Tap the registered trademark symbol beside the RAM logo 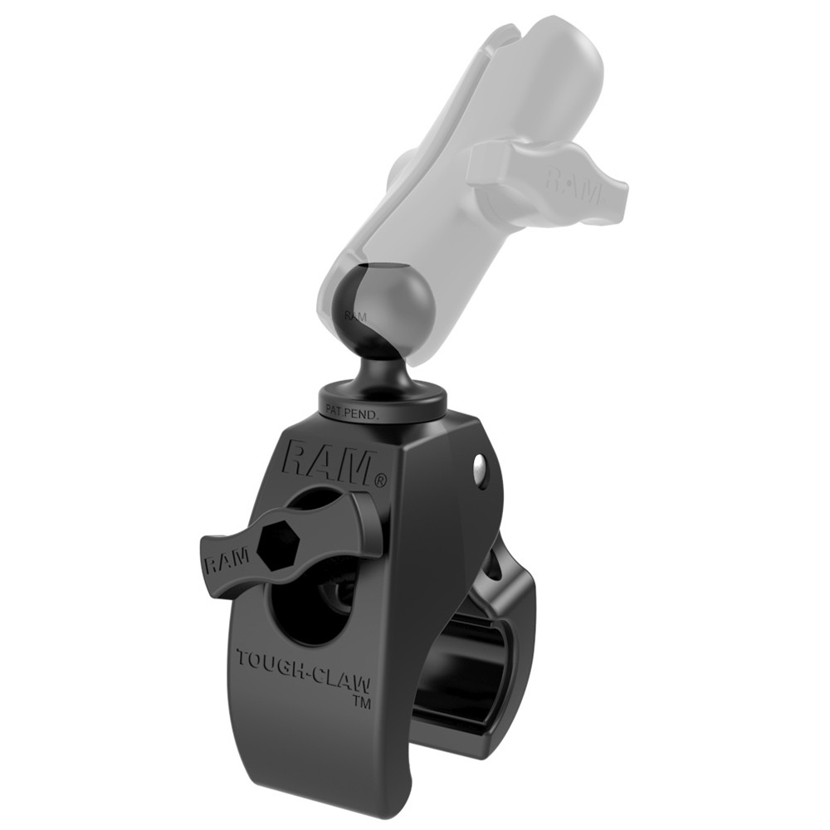(x=379, y=479)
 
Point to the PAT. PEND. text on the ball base (x=354, y=408)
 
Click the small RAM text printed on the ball (x=355, y=316)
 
